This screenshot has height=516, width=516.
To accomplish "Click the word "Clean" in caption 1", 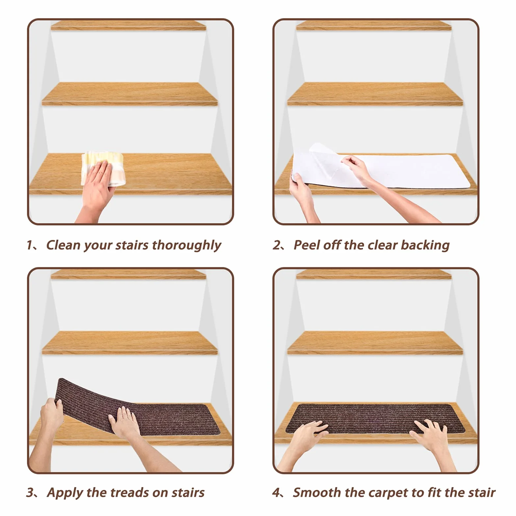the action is coord(63,245).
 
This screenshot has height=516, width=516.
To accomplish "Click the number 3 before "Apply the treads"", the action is coord(30,493).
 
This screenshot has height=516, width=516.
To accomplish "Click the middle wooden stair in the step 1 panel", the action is coord(130,94).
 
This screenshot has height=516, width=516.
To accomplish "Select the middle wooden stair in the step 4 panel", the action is coord(375,343).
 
